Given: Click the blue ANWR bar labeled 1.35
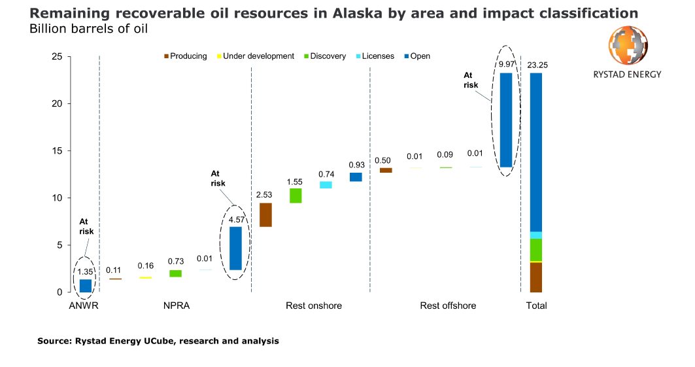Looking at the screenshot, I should pos(86,285).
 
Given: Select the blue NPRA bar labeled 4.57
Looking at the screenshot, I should pos(235,248).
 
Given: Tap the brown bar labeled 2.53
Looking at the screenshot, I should pos(265,215).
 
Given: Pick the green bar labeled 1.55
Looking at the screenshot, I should pos(296,196).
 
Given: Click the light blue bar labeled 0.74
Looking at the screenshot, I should pos(326,184).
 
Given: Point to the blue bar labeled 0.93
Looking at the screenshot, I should pos(356,177).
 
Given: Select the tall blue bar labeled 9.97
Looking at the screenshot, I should pos(506,120).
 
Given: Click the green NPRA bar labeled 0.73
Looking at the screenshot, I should pos(176,273).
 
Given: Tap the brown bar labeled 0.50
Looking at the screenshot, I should pos(386,170).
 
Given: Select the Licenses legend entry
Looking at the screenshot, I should pos(375,56).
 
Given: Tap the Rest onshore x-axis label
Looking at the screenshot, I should pos(314,306).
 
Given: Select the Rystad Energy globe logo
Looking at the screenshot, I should pos(628,46).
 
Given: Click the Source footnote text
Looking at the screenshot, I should pos(158,341).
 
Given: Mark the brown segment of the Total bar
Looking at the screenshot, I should pos(536,277).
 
